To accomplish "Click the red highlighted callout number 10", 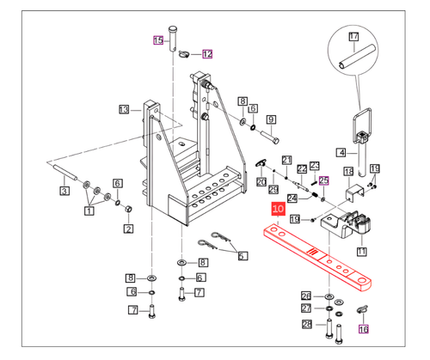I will pyautogui.click(x=278, y=209).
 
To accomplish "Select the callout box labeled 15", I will pyautogui.click(x=157, y=40).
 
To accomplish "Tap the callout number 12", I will pyautogui.click(x=207, y=54).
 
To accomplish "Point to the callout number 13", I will pyautogui.click(x=124, y=109).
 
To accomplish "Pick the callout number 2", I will pyautogui.click(x=129, y=228).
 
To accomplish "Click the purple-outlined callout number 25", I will pyautogui.click(x=324, y=180).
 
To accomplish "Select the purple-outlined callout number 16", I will pyautogui.click(x=363, y=329).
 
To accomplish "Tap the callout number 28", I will pyautogui.click(x=306, y=324).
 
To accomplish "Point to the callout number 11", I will pyautogui.click(x=362, y=252).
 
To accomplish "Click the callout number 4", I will pyautogui.click(x=341, y=152).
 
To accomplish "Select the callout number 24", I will pyautogui.click(x=293, y=198).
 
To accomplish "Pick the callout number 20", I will pyautogui.click(x=261, y=181).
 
